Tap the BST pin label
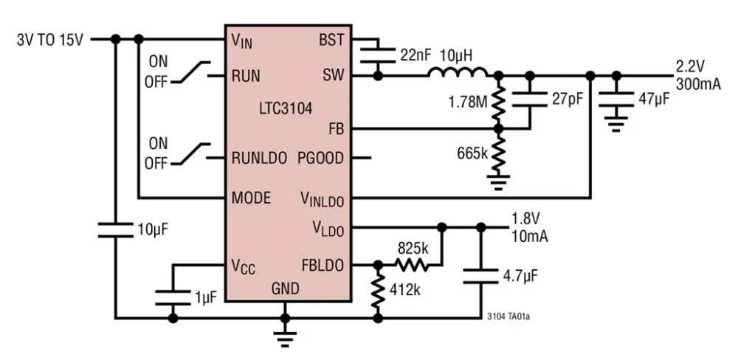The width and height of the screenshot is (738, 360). (x=331, y=40)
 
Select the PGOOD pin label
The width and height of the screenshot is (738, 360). (x=321, y=157)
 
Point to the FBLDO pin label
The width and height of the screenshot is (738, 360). (x=322, y=265)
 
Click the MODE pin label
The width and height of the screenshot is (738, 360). (x=251, y=198)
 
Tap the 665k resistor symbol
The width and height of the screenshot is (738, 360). (x=498, y=154)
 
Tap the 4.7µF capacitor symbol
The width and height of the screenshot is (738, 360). (x=480, y=277)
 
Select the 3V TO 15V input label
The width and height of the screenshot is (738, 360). (x=50, y=40)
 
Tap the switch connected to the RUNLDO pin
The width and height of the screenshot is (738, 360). (x=190, y=155)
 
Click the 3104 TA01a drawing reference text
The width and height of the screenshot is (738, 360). (x=508, y=317)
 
